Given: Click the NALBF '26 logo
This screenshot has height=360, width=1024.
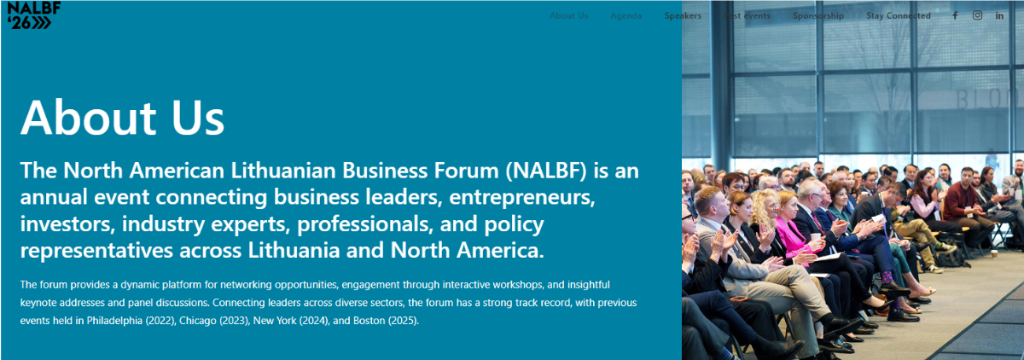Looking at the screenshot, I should click(30, 15).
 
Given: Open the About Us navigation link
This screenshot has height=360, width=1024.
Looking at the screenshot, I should click(568, 16).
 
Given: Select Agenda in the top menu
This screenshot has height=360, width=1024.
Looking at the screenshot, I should click(626, 16).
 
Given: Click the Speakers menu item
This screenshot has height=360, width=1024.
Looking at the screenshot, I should click(683, 16).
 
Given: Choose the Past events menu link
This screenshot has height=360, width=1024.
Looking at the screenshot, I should click(747, 16).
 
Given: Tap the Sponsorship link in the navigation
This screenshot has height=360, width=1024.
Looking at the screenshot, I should click(817, 16).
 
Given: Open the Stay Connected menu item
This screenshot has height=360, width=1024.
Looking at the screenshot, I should click(898, 16).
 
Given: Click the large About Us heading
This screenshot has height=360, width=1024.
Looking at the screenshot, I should click(122, 118).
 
